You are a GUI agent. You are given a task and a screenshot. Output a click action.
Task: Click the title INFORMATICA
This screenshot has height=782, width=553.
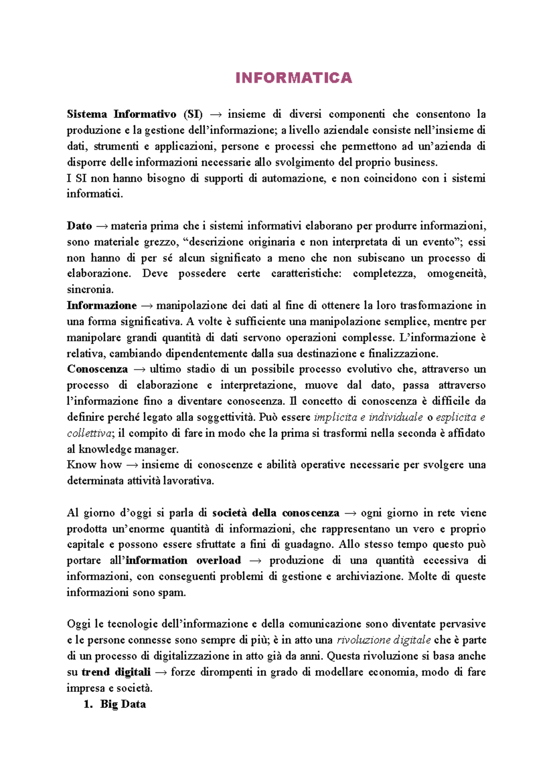pyautogui.click(x=294, y=78)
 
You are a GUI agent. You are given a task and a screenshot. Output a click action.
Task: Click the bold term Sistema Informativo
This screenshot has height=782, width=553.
pyautogui.click(x=121, y=114)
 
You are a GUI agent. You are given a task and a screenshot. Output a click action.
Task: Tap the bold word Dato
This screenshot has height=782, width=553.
pyautogui.click(x=79, y=226)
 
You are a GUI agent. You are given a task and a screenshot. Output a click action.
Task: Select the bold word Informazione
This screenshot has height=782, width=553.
pyautogui.click(x=101, y=305)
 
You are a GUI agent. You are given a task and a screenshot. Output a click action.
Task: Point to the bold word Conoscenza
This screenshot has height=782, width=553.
pyautogui.click(x=97, y=369)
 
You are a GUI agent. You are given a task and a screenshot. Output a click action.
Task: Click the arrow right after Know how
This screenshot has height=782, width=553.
pyautogui.click(x=132, y=465)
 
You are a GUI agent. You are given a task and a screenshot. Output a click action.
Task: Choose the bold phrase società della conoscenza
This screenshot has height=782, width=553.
pyautogui.click(x=276, y=513)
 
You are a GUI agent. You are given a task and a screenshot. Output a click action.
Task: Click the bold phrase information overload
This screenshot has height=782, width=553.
pyautogui.click(x=183, y=560)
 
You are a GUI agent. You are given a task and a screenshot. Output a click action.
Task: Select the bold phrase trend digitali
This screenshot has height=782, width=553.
pyautogui.click(x=116, y=672)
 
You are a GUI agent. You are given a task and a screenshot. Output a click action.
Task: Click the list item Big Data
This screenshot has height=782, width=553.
pyautogui.click(x=123, y=704)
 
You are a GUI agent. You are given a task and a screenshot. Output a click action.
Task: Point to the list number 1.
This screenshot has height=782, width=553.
pyautogui.click(x=88, y=704)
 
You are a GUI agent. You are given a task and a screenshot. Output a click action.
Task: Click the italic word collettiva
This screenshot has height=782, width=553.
pyautogui.click(x=89, y=433)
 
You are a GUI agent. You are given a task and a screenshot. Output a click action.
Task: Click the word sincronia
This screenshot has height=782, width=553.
pyautogui.click(x=90, y=289)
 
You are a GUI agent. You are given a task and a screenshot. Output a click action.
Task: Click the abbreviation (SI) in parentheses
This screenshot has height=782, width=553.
pyautogui.click(x=193, y=114)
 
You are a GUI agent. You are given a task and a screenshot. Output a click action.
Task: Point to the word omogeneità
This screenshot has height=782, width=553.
pyautogui.click(x=456, y=274)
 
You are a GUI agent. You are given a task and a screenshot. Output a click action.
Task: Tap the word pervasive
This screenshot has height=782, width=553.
pyautogui.click(x=462, y=624)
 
